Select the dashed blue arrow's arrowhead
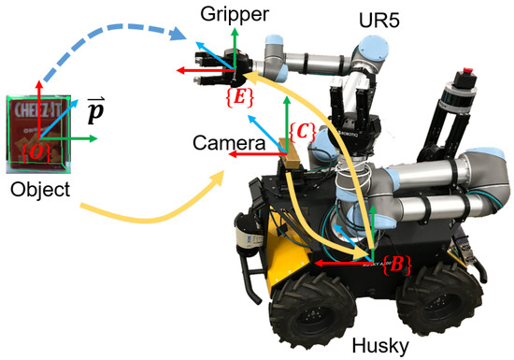click(185, 36)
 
